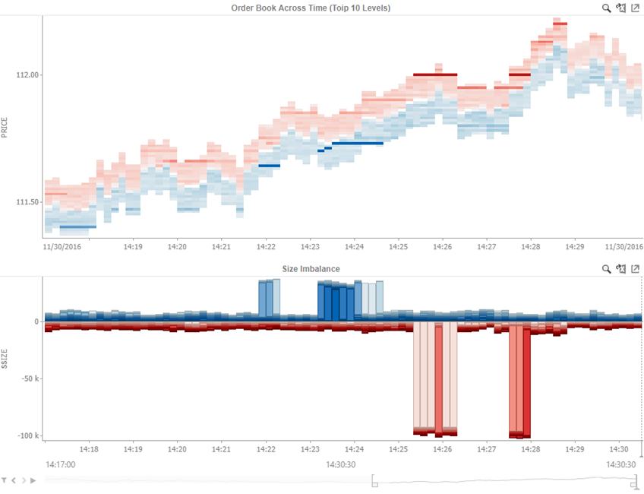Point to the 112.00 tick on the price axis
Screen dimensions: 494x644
[27, 75]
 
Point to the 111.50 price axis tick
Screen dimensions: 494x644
[27, 202]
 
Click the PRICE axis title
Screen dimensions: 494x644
[5, 127]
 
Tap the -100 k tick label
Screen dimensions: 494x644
[27, 435]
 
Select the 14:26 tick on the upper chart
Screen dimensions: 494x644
[444, 247]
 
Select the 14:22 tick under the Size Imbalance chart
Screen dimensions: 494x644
[266, 449]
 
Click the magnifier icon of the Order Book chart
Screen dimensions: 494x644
[606, 8]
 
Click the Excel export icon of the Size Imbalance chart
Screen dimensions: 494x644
[620, 269]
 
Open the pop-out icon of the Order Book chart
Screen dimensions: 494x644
[635, 8]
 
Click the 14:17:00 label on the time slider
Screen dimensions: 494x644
[60, 464]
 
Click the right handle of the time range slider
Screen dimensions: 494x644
[634, 481]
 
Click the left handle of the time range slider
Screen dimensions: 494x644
[374, 481]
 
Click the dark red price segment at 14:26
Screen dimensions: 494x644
[435, 74]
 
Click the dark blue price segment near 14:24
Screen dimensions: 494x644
[357, 143]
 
